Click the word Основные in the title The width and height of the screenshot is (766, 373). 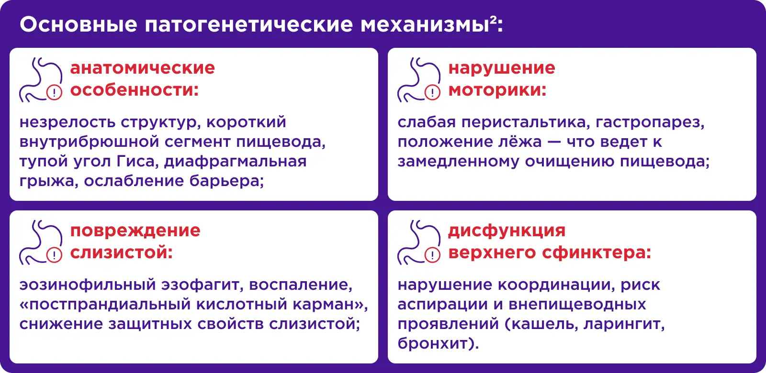pos(79,24)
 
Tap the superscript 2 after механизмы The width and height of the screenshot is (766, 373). pos(493,20)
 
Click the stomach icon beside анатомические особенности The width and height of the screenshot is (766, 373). pos(40,79)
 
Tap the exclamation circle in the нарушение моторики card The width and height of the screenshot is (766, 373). pos(432,92)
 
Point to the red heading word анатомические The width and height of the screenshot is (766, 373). pos(143,67)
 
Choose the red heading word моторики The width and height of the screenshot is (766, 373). pos(497,90)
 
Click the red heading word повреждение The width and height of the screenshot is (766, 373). pos(135,231)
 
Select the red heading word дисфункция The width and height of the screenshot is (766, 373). pos(507,231)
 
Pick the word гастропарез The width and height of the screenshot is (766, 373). pos(650,122)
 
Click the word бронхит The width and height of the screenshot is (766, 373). pos(433,343)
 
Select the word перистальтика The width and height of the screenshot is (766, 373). pos(526,122)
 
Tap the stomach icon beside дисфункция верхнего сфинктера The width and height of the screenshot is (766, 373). pos(418,242)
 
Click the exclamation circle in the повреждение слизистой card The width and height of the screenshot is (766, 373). pos(54,255)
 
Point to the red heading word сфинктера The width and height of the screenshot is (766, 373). pos(597,253)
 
